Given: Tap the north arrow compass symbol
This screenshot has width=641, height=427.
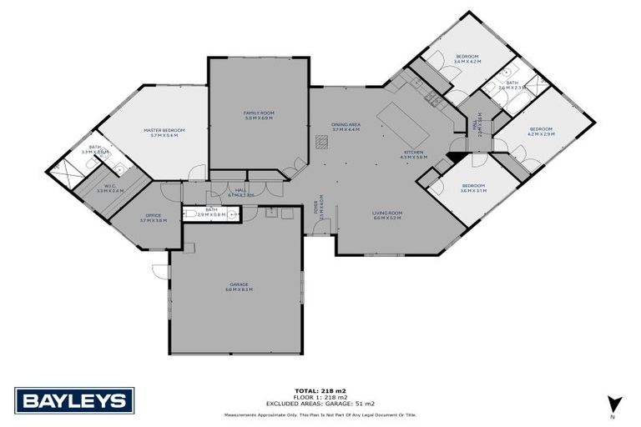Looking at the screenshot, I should pyautogui.click(x=613, y=404).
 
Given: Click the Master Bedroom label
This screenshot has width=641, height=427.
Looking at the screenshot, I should pyautogui.click(x=164, y=132).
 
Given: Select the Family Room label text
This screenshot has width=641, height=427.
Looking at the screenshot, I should pyautogui.click(x=259, y=115).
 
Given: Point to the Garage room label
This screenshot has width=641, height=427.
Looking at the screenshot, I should pyautogui.click(x=240, y=287).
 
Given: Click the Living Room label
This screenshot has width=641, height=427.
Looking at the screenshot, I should pyautogui.click(x=387, y=215).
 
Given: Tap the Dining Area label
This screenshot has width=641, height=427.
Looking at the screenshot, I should pyautogui.click(x=346, y=127).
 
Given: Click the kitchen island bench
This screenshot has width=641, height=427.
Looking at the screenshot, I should pyautogui.click(x=402, y=124).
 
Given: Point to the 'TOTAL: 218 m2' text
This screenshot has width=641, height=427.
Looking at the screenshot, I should pyautogui.click(x=320, y=389).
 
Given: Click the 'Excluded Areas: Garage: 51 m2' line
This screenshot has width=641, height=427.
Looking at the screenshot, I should pyautogui.click(x=320, y=403).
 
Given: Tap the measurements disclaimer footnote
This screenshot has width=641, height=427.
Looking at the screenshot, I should pyautogui.click(x=320, y=414).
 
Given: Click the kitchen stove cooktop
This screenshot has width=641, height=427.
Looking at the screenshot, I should pyautogui.click(x=433, y=100).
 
